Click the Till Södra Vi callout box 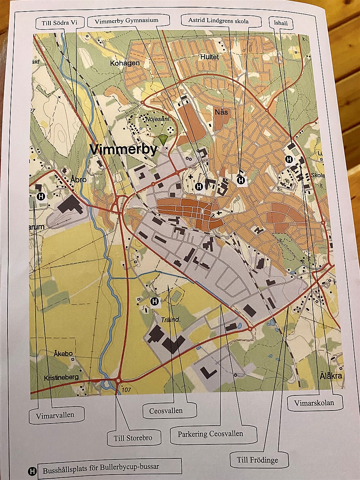(57, 23)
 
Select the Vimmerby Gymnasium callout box (127, 21)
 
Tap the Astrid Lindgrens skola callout (218, 21)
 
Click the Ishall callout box (281, 23)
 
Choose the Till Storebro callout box (133, 438)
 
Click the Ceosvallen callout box (166, 411)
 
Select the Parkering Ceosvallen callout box (210, 434)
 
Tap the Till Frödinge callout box (257, 459)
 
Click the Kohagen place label (125, 63)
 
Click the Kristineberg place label (61, 378)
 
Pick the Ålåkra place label (331, 376)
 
